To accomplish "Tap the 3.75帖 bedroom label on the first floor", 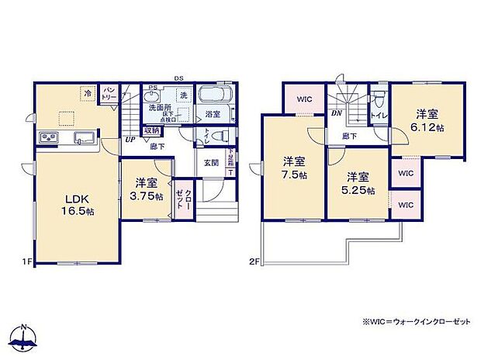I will pos(147,190).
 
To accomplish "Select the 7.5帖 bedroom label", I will pos(292,168).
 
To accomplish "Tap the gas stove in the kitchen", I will pos(47,139).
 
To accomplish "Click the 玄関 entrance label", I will pos(211,162).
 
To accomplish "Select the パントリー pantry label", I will pos(109,94).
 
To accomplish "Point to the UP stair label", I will pos(128,140).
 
